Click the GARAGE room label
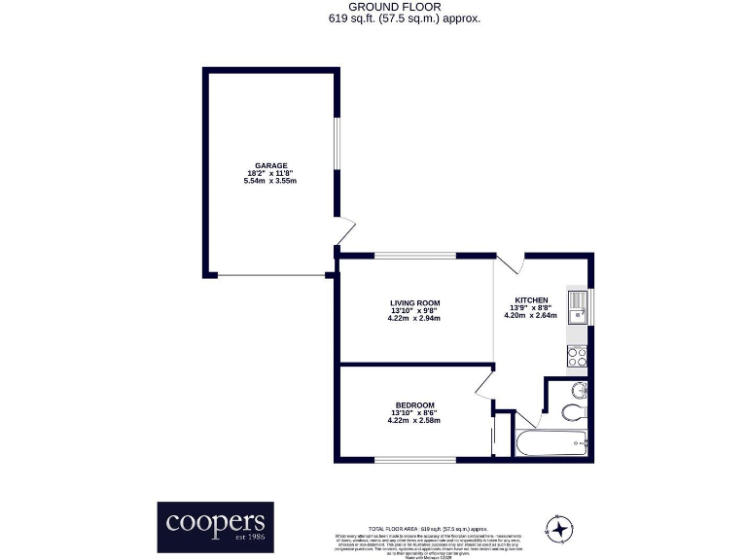click(270, 165)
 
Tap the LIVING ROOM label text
click(414, 302)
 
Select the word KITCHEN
click(531, 299)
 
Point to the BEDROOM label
click(414, 404)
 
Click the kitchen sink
click(578, 305)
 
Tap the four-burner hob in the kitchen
click(577, 356)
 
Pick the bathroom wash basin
click(579, 391)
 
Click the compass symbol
click(559, 528)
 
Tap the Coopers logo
click(215, 526)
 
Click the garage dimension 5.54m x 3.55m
click(270, 181)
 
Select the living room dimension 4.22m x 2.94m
click(414, 318)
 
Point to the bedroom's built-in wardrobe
click(502, 434)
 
